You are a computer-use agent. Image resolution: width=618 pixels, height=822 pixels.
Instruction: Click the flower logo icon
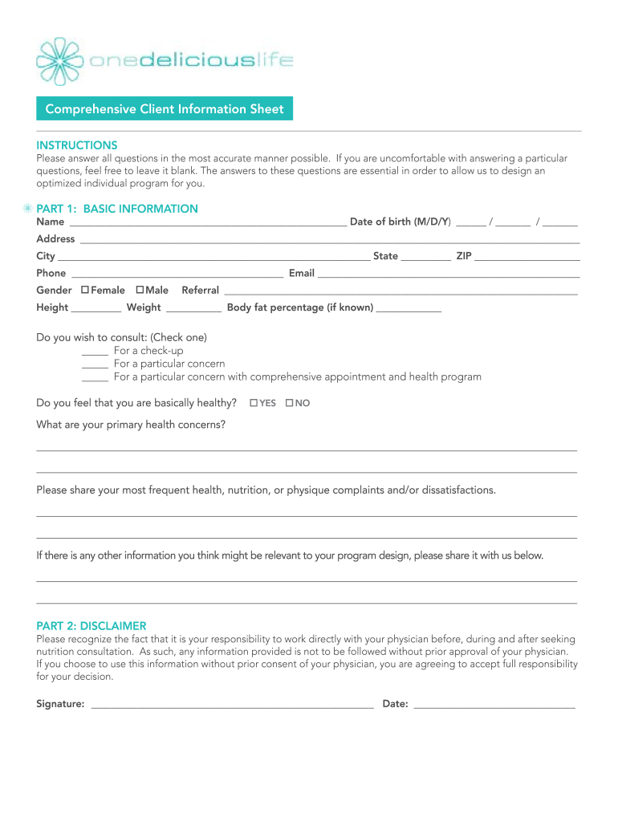click(60, 61)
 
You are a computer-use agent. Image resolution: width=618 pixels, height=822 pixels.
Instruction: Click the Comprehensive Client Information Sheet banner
click(165, 109)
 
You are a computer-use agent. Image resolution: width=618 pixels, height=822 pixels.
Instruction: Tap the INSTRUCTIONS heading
click(77, 145)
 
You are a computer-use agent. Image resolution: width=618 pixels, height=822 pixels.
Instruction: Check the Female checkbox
click(84, 290)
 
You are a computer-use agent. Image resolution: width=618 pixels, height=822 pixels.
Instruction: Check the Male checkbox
click(140, 290)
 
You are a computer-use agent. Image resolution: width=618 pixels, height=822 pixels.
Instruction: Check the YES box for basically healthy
click(254, 402)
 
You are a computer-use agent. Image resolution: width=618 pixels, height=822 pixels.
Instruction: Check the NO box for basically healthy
click(289, 402)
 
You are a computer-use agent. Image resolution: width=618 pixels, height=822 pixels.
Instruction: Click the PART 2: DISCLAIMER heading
click(91, 625)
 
